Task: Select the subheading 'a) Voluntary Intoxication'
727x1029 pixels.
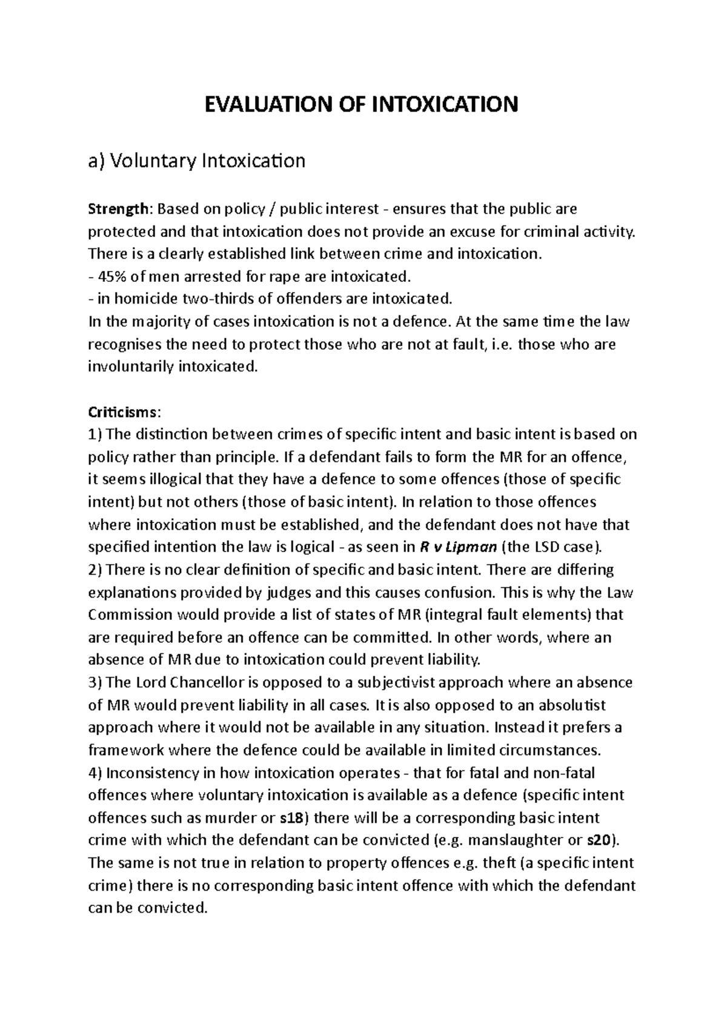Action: pos(197,161)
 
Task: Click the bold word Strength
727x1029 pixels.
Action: pos(118,209)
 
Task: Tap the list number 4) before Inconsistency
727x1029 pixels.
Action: pos(96,773)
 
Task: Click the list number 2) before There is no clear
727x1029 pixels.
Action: pos(96,570)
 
